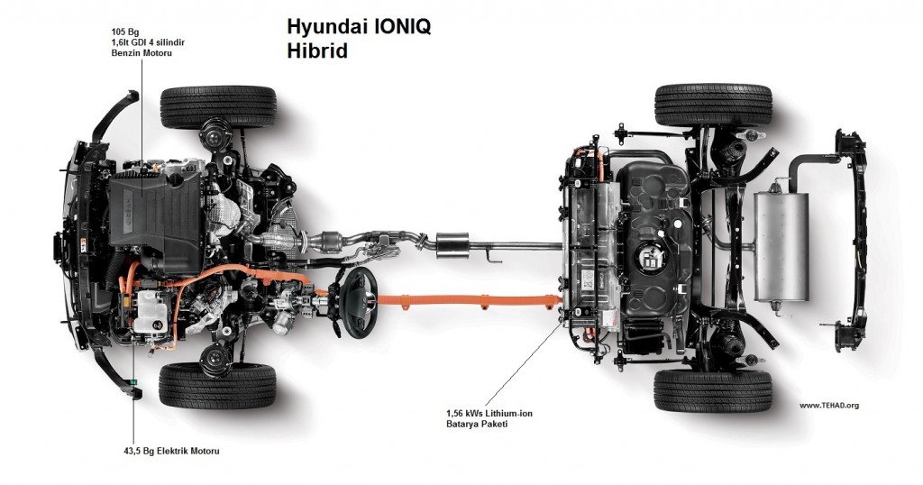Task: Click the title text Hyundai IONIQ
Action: point(359,26)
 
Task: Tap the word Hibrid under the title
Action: point(317,50)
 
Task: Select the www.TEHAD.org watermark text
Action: point(828,406)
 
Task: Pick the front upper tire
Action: point(218,107)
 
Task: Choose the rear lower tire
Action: point(713,390)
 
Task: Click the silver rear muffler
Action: point(781,244)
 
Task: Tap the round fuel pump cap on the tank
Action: point(650,261)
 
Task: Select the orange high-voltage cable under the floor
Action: point(469,298)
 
